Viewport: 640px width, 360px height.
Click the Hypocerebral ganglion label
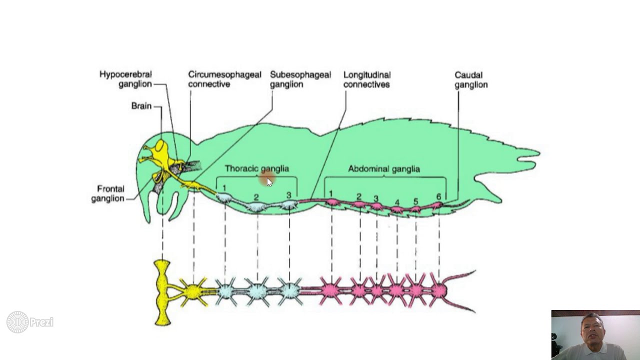point(125,79)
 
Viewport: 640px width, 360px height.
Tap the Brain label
point(141,106)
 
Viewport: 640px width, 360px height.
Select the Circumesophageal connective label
point(224,79)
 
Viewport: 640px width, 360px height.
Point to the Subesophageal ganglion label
point(300,79)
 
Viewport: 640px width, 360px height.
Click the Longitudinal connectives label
point(366,79)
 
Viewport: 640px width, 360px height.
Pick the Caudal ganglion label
point(470,79)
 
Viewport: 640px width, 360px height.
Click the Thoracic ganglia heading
point(256,168)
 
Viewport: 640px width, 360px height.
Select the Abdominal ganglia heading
point(383,168)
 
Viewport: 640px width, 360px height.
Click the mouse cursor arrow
point(269,181)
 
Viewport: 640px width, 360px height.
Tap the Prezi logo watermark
point(30,322)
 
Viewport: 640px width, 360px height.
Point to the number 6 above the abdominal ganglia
point(438,196)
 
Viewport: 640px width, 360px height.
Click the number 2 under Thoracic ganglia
point(256,197)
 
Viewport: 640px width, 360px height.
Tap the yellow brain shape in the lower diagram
point(162,292)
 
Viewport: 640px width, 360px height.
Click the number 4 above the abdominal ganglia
point(397,202)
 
